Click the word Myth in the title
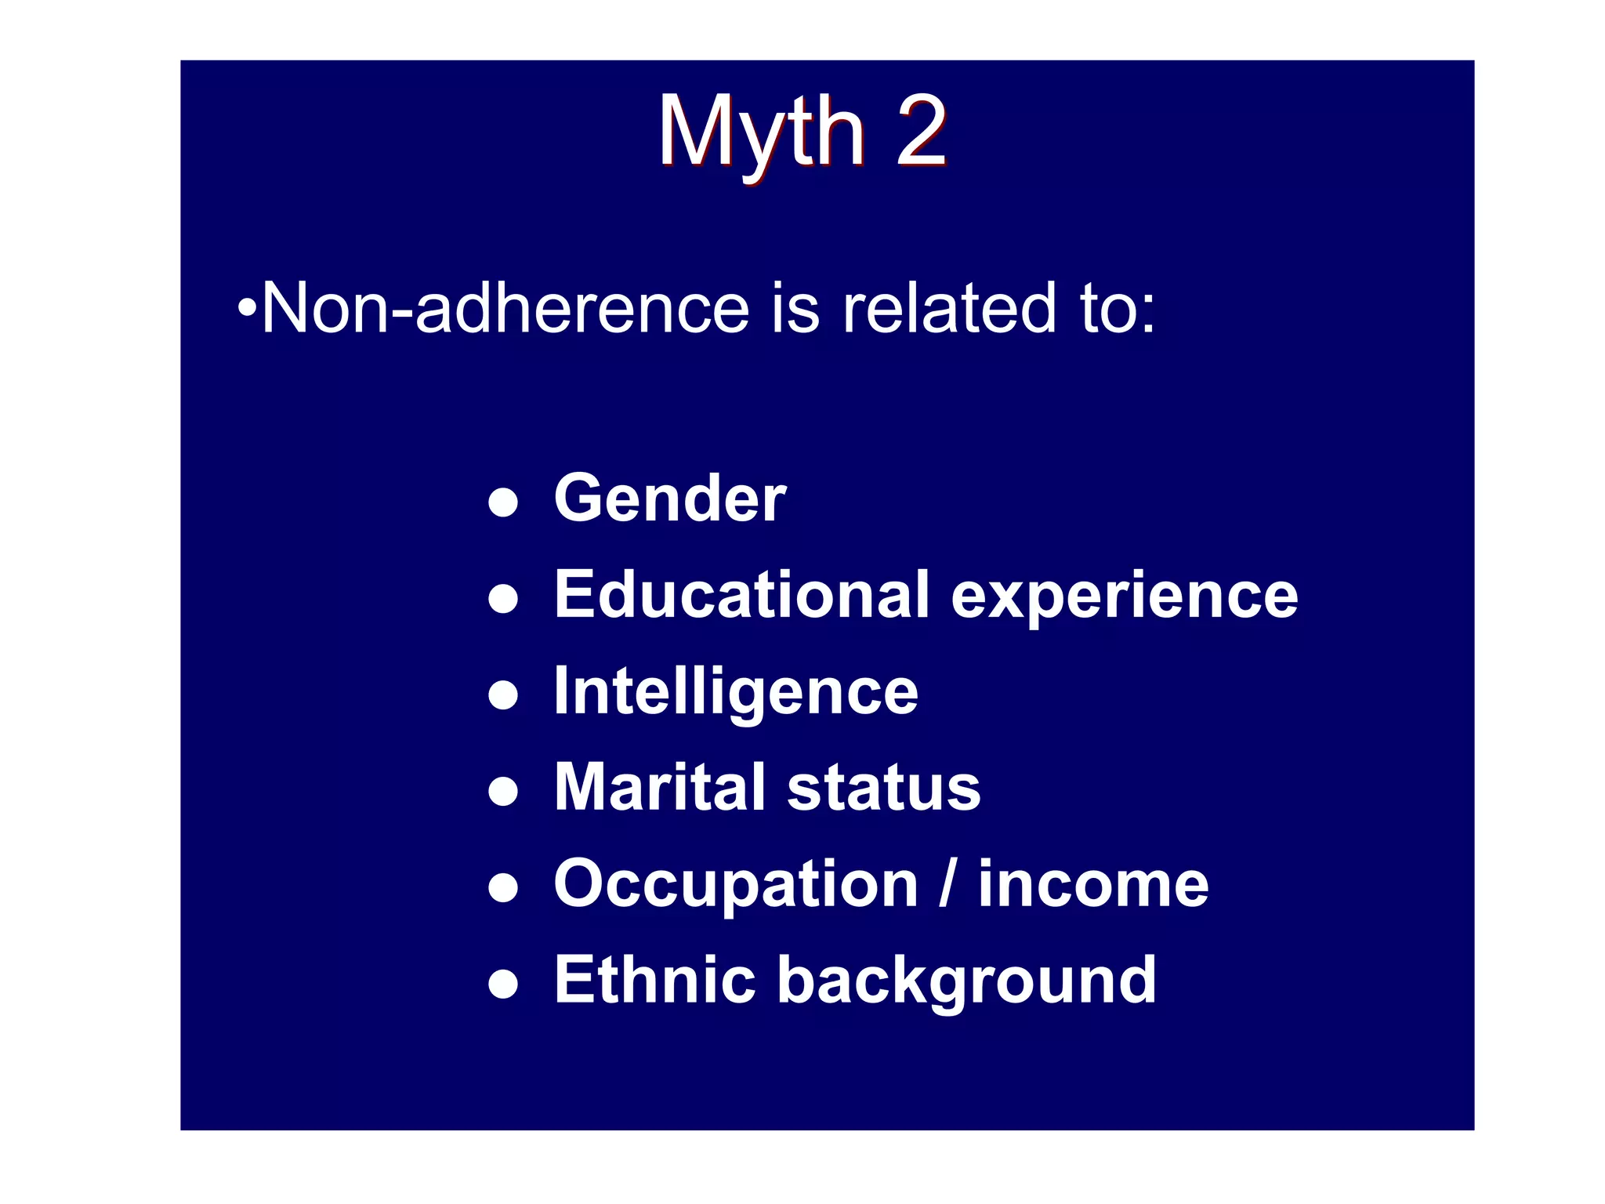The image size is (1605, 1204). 760,133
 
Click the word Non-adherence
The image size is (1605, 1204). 505,308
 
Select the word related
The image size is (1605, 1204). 949,308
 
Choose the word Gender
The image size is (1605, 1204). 669,499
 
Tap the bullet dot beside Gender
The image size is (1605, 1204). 502,502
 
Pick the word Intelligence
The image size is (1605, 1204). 735,693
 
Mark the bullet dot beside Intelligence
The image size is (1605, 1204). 502,695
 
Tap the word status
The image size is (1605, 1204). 883,789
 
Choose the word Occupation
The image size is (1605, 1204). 735,886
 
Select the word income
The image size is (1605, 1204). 1093,884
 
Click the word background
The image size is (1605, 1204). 966,982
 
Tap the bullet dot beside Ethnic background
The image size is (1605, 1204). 502,984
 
